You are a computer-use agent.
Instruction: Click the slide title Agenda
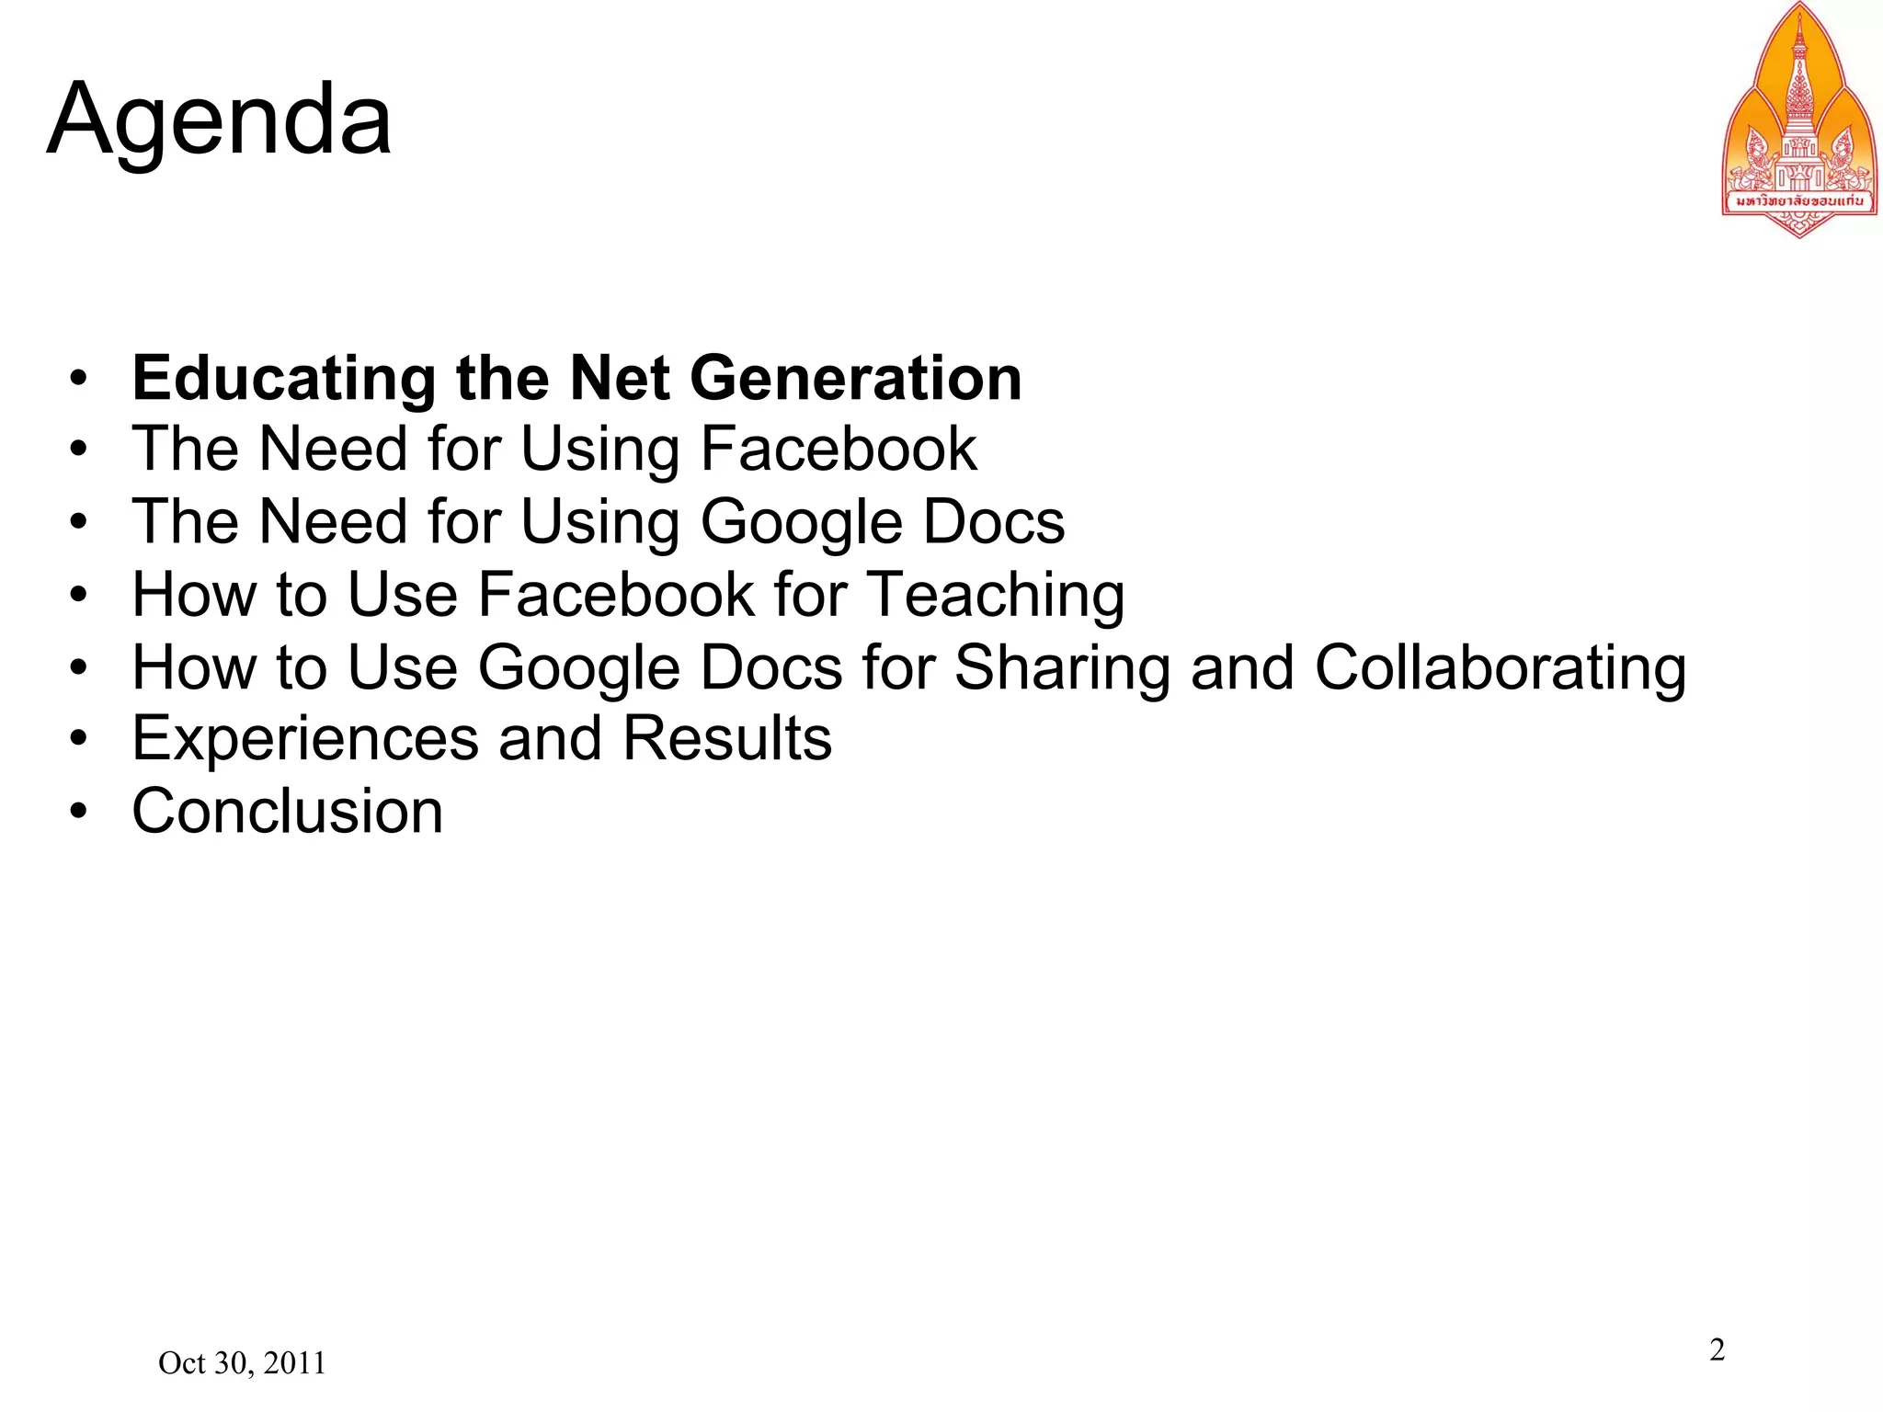[x=219, y=120]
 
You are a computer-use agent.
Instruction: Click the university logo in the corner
[x=1798, y=120]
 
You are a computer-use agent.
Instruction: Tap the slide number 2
[x=1717, y=1349]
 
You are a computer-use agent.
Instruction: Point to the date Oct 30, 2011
[x=242, y=1362]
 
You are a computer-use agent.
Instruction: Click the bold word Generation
[x=855, y=378]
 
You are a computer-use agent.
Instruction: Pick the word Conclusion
[x=287, y=811]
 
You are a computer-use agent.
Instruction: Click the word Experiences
[x=305, y=738]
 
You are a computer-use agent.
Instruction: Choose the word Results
[x=726, y=738]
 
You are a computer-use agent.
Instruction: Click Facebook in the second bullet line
[x=839, y=450]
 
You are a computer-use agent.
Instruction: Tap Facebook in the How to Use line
[x=616, y=595]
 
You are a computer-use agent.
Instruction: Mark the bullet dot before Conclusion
[x=79, y=811]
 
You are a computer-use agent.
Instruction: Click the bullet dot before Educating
[x=79, y=378]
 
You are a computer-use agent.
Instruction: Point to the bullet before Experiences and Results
[x=79, y=738]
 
